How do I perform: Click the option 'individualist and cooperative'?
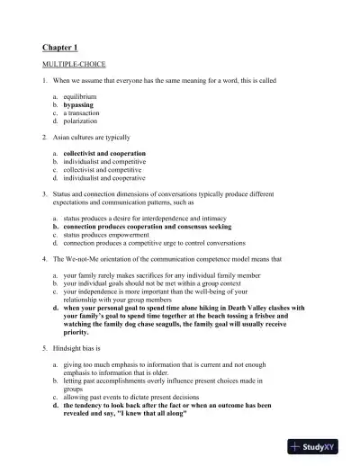click(112, 179)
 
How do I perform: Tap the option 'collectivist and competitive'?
click(110, 170)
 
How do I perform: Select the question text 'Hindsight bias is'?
click(77, 348)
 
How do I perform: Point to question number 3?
click(44, 193)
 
